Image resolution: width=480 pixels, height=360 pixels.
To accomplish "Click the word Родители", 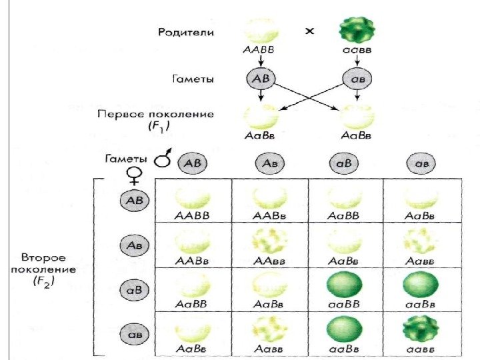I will (186, 32).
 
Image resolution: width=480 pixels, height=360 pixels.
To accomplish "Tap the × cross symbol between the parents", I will (309, 31).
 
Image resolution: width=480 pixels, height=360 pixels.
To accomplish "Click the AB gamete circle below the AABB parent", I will (260, 79).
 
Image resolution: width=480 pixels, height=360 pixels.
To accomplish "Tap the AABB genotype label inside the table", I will (194, 215).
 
